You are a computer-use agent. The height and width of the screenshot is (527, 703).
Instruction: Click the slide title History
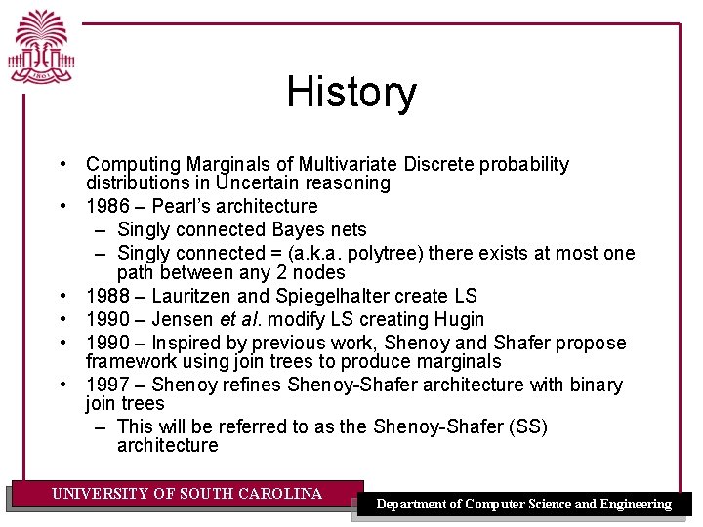[351, 93]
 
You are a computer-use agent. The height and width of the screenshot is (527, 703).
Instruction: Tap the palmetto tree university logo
[42, 50]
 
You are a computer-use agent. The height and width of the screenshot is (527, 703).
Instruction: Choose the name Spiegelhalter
[351, 296]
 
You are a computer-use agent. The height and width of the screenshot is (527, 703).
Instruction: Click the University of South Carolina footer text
[186, 494]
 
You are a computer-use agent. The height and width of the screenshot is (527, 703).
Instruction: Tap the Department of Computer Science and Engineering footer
[524, 504]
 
